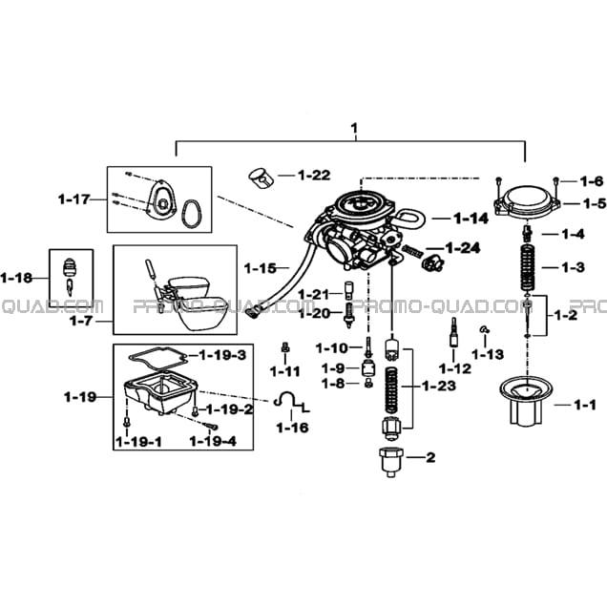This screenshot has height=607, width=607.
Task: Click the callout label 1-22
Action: pos(314,176)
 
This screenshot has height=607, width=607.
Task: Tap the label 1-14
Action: pos(471,219)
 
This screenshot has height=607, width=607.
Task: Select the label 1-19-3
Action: pos(222,355)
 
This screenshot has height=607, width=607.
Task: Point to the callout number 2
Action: pos(430,457)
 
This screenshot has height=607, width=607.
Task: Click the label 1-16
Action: pos(292,428)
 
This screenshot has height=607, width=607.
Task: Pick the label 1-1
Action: pos(585,406)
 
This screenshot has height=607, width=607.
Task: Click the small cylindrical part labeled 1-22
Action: pos(261,178)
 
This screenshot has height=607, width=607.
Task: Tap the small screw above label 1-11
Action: pos(285,346)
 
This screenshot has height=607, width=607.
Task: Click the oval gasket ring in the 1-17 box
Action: pos(191,214)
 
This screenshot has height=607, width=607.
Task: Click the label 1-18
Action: pos(16,278)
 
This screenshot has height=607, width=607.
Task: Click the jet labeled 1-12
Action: pos(453,332)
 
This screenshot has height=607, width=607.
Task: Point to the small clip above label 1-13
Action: pos(484,330)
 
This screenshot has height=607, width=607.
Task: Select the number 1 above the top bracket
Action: pos(354,128)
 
